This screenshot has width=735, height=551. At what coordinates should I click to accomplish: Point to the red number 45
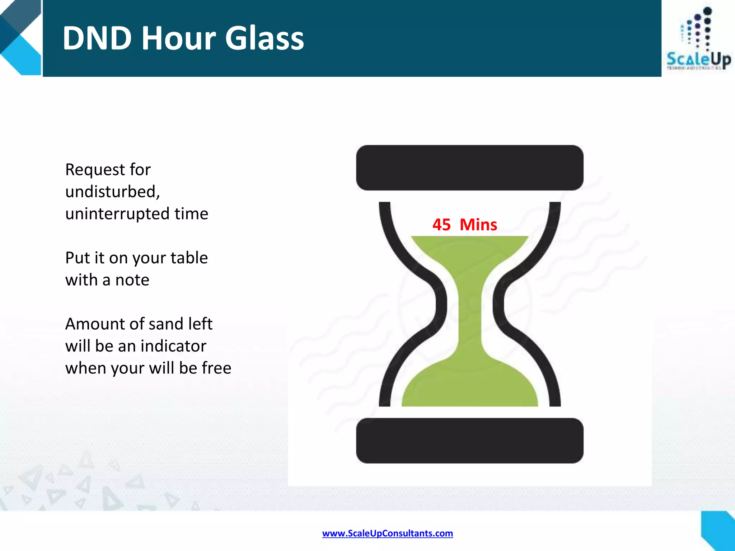click(441, 225)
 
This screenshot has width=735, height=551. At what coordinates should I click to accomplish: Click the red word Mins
click(478, 225)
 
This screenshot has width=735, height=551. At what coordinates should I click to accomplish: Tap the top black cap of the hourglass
click(469, 168)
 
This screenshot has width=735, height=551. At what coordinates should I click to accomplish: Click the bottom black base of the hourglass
click(469, 441)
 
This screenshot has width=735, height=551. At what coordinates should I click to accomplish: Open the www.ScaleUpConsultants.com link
click(387, 533)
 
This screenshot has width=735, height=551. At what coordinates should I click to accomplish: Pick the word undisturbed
click(112, 192)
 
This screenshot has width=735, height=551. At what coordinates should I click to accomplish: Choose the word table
click(189, 258)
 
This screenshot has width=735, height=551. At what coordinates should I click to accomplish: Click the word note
click(132, 280)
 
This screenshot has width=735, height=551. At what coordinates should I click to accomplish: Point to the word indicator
click(173, 346)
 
